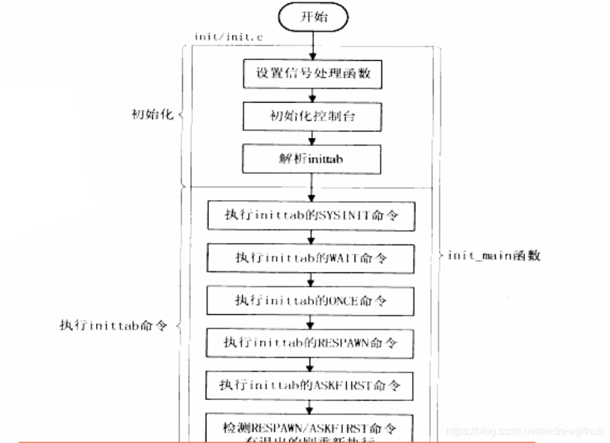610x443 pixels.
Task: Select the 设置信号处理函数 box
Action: (x=312, y=74)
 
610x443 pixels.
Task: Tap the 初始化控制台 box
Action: (x=312, y=118)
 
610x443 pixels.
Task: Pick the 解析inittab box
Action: (x=312, y=159)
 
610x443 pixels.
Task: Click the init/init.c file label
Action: (x=219, y=37)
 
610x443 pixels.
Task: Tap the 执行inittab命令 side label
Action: (x=114, y=325)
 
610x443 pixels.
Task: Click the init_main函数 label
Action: (x=494, y=255)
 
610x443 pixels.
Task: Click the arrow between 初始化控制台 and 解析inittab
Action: (x=312, y=139)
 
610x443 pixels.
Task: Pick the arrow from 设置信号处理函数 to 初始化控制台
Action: (x=312, y=95)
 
